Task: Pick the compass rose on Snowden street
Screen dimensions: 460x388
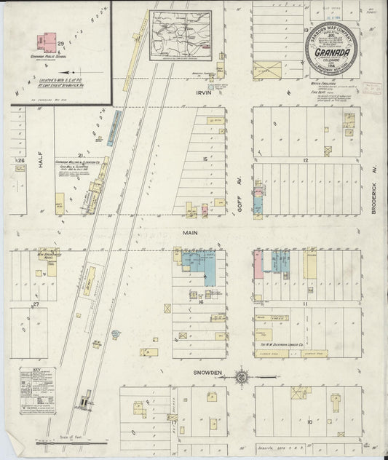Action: [x=242, y=376]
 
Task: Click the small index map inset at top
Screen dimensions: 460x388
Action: [x=180, y=34]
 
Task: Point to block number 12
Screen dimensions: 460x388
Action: [x=306, y=160]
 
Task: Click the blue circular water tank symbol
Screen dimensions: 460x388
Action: [x=116, y=334]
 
